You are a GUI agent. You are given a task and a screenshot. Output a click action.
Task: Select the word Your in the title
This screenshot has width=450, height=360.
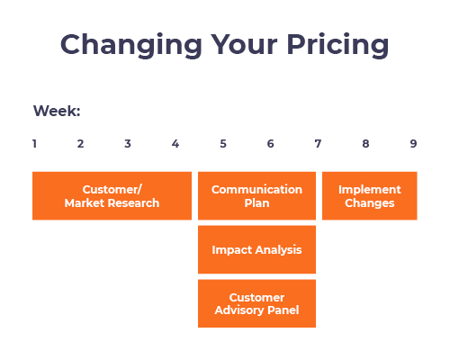point(237,45)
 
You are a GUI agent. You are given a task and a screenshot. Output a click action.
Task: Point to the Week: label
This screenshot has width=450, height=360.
point(57,112)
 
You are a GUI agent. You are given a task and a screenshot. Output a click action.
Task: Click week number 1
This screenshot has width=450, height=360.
point(34,143)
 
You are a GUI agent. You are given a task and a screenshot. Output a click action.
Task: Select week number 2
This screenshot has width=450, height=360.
point(80,143)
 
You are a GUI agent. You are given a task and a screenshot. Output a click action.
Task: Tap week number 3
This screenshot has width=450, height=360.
point(128,143)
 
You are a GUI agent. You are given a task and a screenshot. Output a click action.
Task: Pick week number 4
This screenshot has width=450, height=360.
point(175,143)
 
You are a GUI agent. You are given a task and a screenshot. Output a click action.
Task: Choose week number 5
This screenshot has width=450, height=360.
point(223,143)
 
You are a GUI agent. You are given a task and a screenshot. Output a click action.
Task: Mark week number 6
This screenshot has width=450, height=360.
point(270,143)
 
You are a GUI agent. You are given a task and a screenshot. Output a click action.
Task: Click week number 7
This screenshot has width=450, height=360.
point(318,143)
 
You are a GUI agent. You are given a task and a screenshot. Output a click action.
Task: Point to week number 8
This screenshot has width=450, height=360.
point(365,143)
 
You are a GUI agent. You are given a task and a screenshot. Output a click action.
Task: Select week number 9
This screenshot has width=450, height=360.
point(413,143)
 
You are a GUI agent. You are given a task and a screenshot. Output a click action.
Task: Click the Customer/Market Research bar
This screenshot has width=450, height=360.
point(112,196)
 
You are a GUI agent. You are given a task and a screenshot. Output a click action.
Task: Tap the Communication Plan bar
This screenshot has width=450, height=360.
point(256,196)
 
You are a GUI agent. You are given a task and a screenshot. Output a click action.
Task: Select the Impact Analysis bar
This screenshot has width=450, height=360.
point(256,249)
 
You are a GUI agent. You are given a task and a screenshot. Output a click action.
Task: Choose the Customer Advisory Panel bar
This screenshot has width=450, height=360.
point(256,303)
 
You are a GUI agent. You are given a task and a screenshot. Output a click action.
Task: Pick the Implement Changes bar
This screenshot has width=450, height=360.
point(369,196)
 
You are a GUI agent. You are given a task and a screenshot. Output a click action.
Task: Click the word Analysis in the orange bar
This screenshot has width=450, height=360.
point(277,250)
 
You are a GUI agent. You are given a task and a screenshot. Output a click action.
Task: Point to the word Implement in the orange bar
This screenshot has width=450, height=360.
point(369,190)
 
